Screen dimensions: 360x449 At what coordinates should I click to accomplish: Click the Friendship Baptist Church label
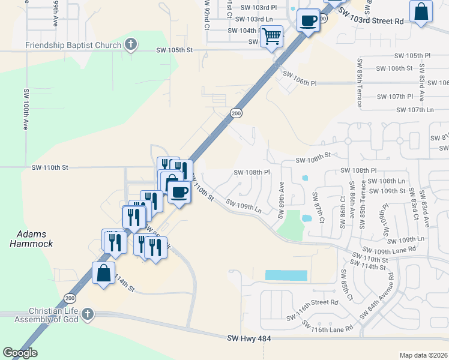click(72, 45)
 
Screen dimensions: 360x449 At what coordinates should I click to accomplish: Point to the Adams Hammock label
click(31, 239)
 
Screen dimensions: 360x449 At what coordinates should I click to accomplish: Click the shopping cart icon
click(272, 37)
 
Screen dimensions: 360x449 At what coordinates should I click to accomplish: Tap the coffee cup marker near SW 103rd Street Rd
click(309, 21)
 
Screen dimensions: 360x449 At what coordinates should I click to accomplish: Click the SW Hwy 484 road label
click(249, 339)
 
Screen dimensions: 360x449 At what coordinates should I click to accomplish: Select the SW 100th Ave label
click(26, 110)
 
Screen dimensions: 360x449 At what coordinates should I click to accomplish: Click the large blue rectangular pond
click(286, 275)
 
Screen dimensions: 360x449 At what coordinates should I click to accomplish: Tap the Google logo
click(20, 353)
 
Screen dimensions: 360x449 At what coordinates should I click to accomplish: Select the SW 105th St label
click(174, 50)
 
